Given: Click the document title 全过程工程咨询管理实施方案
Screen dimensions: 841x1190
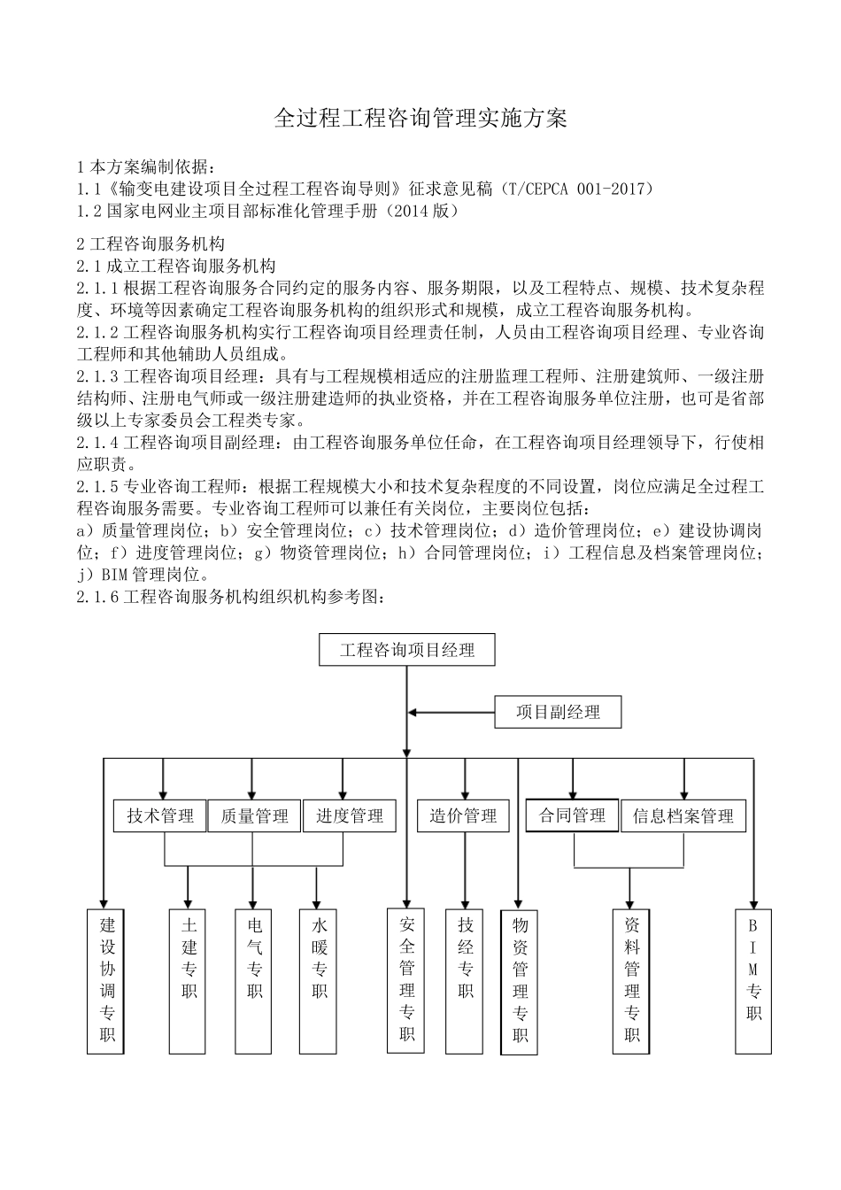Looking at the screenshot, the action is [420, 119].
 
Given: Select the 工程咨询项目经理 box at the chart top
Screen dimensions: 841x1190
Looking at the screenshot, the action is [406, 650].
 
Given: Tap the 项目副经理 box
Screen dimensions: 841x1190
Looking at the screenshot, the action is [558, 712].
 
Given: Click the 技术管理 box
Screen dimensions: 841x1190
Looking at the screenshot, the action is [160, 815].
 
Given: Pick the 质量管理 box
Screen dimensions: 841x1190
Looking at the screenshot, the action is [254, 815].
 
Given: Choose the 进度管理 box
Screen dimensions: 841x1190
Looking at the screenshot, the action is [349, 815].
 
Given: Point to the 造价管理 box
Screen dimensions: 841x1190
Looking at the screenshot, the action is [463, 815].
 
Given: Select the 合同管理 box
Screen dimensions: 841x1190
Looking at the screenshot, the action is [572, 815].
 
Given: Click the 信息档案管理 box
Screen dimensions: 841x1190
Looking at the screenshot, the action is [683, 815].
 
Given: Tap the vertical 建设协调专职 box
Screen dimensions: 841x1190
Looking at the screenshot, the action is [106, 980].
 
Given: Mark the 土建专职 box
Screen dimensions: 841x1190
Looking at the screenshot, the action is [189, 980].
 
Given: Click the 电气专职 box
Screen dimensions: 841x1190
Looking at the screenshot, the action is [254, 980].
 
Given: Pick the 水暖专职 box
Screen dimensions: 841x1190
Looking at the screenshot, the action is [319, 980].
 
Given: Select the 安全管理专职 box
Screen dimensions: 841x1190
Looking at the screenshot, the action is [406, 980].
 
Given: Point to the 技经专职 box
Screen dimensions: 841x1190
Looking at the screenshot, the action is [466, 980].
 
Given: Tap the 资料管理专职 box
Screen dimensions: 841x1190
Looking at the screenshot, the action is [631, 980].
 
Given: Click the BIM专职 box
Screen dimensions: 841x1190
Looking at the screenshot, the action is [753, 980].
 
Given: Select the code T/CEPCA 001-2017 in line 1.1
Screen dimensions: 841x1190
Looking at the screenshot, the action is [575, 188].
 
